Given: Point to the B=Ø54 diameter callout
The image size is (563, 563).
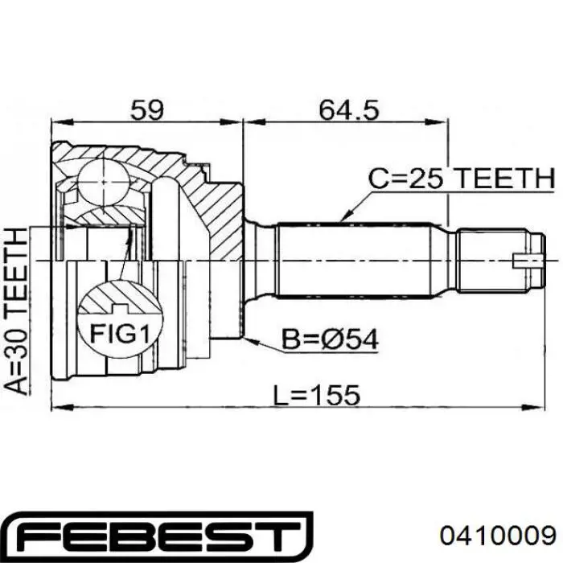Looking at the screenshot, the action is click(330, 339).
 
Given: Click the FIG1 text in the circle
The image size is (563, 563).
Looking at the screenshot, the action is click(120, 333).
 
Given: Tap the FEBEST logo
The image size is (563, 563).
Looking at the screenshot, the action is click(159, 536).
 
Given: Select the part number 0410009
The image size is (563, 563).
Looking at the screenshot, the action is click(499, 536).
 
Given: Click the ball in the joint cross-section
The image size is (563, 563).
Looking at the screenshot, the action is click(104, 182).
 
